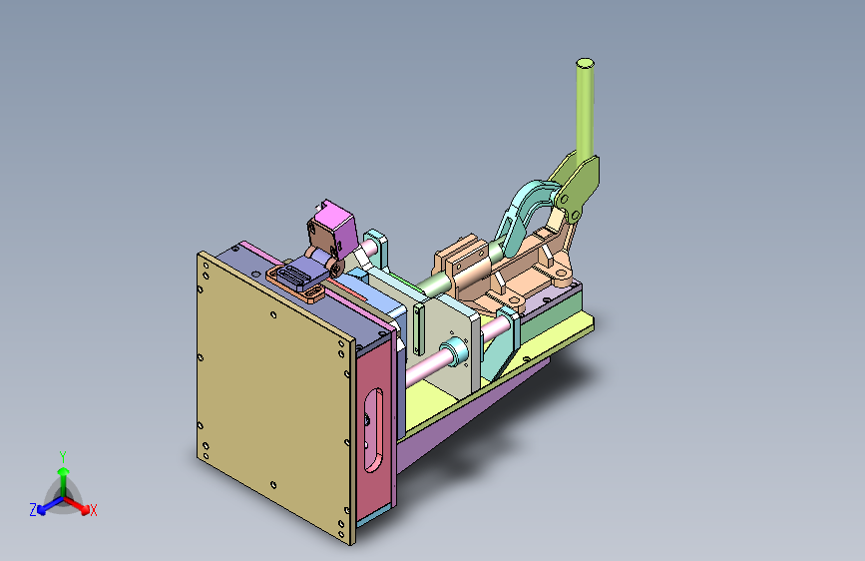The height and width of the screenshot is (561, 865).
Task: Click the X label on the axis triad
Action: [93, 510]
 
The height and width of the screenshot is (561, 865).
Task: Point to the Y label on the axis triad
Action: [63, 456]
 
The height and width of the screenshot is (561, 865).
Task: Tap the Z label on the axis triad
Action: [33, 510]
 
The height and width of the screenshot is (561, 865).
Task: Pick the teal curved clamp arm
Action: [524, 216]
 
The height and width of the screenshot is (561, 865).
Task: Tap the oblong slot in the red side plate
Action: [373, 430]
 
